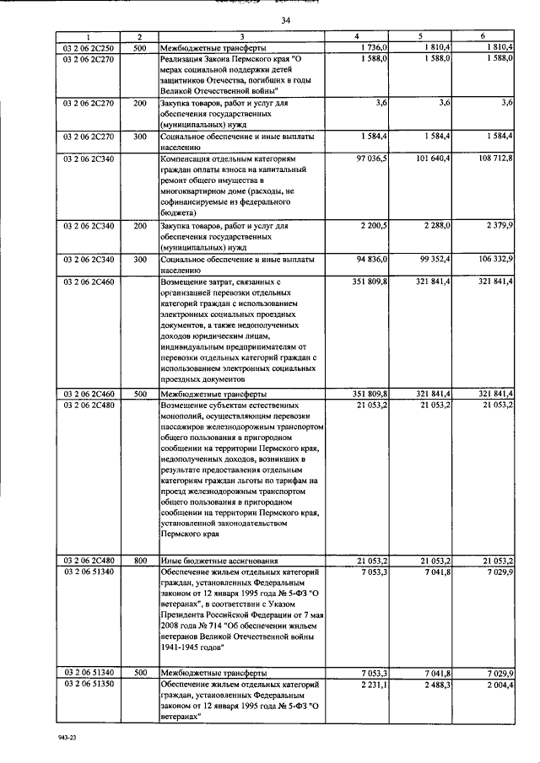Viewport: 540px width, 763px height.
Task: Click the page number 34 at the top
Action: (286, 19)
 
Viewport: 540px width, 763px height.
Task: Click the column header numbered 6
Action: (483, 36)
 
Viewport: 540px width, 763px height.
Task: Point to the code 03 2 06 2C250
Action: (87, 46)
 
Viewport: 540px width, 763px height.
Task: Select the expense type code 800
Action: (140, 561)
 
